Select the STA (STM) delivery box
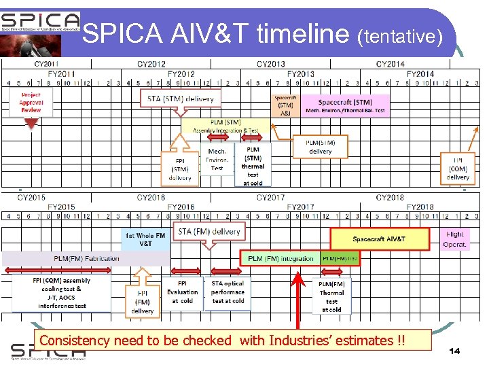click(x=181, y=99)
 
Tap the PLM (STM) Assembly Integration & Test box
click(x=225, y=126)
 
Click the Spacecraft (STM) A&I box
click(x=285, y=106)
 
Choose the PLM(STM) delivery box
click(x=321, y=146)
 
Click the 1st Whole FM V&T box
click(x=145, y=239)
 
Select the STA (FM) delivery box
click(x=209, y=232)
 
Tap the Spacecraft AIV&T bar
click(x=380, y=239)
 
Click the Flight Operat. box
click(x=456, y=239)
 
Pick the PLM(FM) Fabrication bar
click(x=86, y=258)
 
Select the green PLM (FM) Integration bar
click(x=280, y=259)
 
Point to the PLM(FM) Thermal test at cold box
click(x=331, y=296)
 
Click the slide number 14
click(x=454, y=351)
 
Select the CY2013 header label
click(x=270, y=65)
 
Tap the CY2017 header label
click(x=270, y=198)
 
